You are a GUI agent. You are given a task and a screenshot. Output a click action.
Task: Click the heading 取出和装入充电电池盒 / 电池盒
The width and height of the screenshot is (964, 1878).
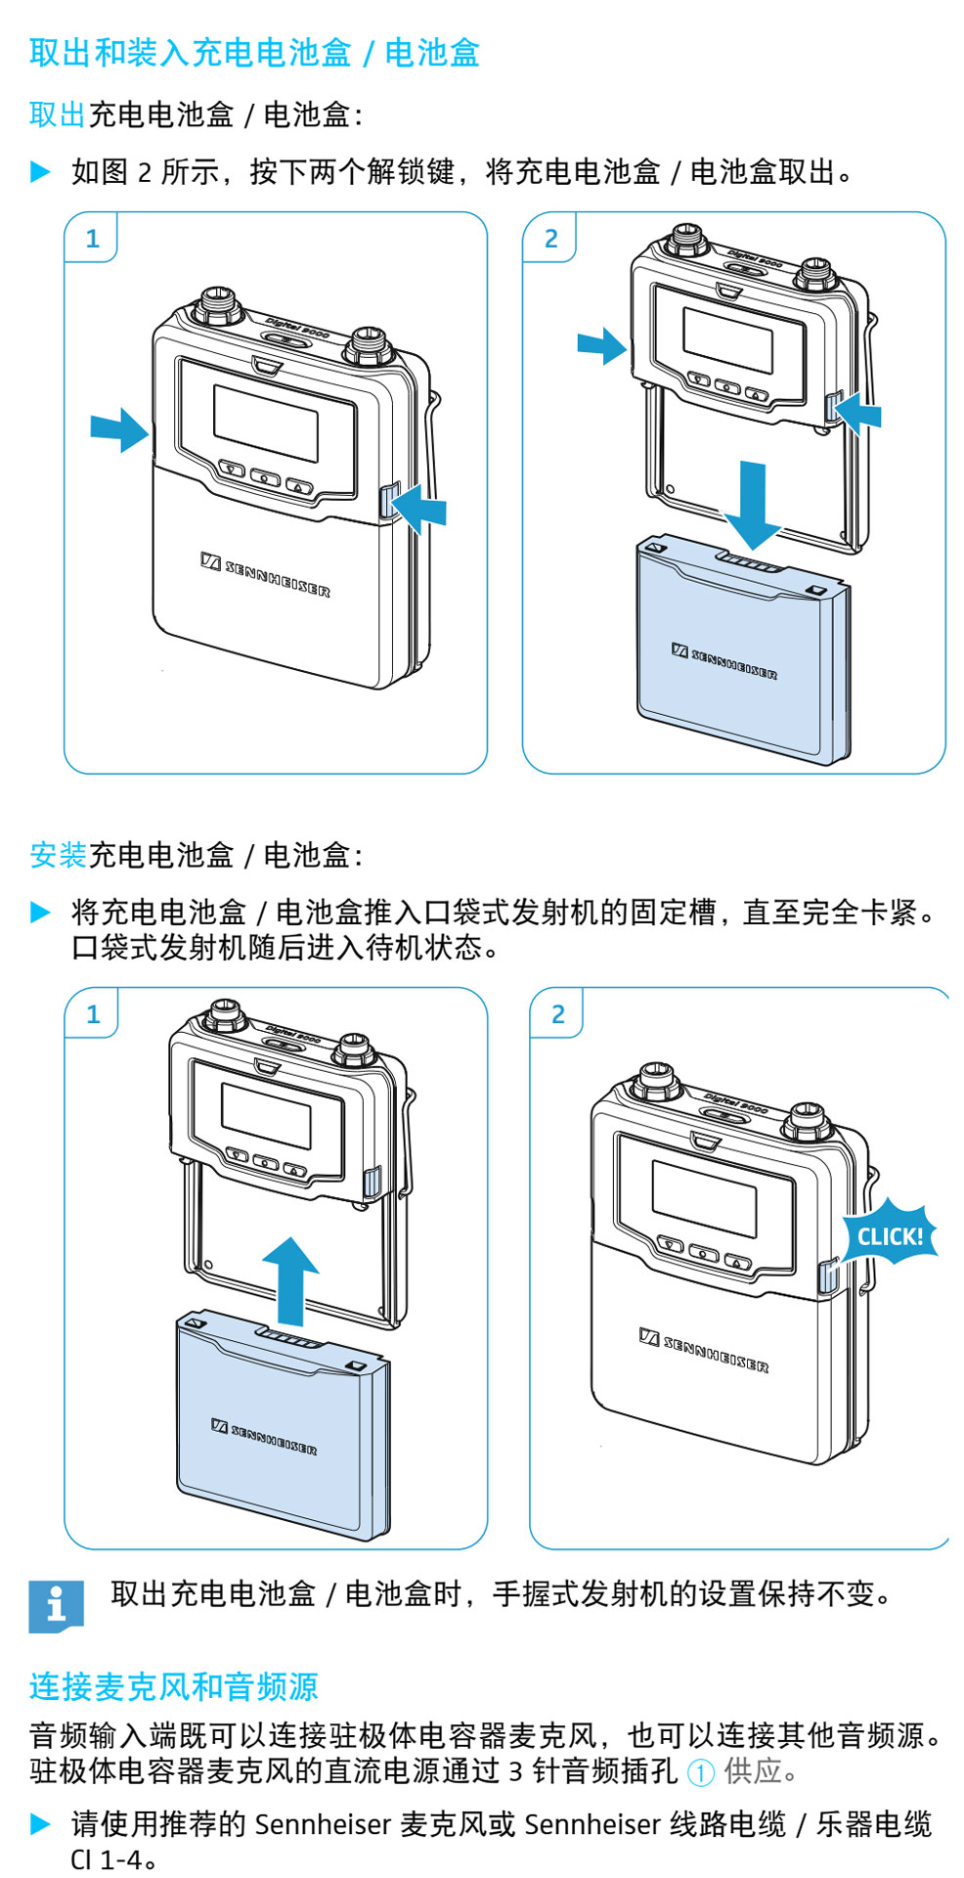coord(254,53)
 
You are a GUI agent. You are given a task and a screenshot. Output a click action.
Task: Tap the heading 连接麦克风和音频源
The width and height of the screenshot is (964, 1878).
coord(173,1686)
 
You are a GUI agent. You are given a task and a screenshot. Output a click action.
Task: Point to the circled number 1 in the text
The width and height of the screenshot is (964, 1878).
coord(700,1771)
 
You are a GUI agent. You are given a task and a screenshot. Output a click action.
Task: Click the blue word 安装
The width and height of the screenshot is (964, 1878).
coord(58,855)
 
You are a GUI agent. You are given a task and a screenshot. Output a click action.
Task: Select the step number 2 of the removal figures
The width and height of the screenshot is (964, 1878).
coord(550,238)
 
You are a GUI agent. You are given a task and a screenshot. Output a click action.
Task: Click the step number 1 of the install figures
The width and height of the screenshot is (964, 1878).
coord(93,1013)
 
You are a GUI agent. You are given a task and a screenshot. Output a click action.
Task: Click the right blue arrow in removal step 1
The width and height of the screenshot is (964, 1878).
coord(418,509)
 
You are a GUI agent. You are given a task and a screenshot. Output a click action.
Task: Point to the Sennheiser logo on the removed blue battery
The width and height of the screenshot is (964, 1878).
coord(724,661)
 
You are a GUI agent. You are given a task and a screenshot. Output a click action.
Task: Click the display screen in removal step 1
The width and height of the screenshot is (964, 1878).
coord(266,423)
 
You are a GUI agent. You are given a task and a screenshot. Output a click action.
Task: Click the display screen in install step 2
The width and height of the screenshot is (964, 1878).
coord(704,1198)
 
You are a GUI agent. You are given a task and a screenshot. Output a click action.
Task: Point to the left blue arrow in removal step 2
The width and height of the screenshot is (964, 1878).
coord(601,345)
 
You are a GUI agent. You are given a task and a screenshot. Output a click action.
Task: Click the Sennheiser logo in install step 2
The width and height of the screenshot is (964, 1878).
coord(704,1351)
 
